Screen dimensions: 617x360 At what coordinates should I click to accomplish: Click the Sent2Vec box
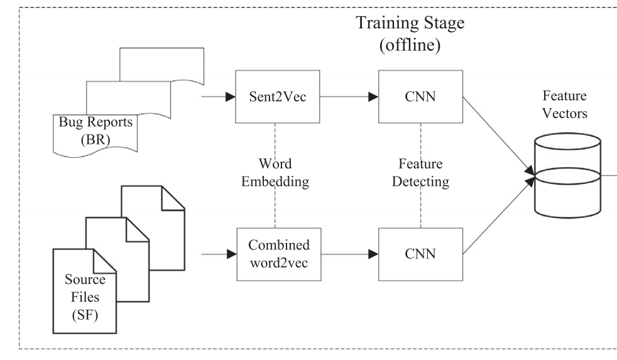pos(278,97)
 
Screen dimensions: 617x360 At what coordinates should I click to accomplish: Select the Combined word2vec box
pos(279,254)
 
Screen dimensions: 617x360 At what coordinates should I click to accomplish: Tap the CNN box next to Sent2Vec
pos(420,97)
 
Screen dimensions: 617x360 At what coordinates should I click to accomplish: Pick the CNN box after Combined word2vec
pos(420,254)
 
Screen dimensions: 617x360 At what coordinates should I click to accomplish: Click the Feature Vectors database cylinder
pos(567,175)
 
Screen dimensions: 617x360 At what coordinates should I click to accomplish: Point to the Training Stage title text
pos(410,23)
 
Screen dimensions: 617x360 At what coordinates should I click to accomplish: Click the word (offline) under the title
pos(410,45)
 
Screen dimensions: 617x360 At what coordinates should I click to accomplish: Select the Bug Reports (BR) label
pos(96,131)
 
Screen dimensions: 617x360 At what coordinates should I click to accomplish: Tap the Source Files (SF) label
pos(85,297)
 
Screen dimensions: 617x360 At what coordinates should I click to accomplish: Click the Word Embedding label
pos(275,173)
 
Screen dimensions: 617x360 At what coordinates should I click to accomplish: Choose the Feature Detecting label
pos(420,173)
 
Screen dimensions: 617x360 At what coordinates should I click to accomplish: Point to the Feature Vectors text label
pos(565,105)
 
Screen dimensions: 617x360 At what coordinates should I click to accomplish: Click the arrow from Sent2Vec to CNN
pos(349,97)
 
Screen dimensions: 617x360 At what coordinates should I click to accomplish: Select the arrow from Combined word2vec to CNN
pos(350,254)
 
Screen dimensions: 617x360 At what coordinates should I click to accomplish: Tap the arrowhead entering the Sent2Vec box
pos(231,97)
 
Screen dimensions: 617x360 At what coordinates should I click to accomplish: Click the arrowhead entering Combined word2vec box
pos(232,254)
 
